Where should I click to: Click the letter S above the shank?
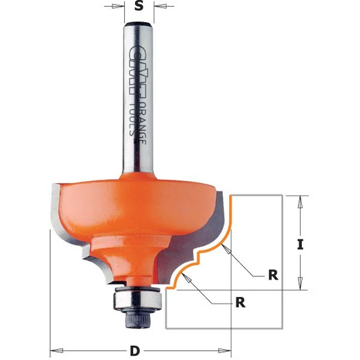tap(138, 7)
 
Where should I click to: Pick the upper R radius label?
tap(273, 275)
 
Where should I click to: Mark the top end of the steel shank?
tap(138, 25)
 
